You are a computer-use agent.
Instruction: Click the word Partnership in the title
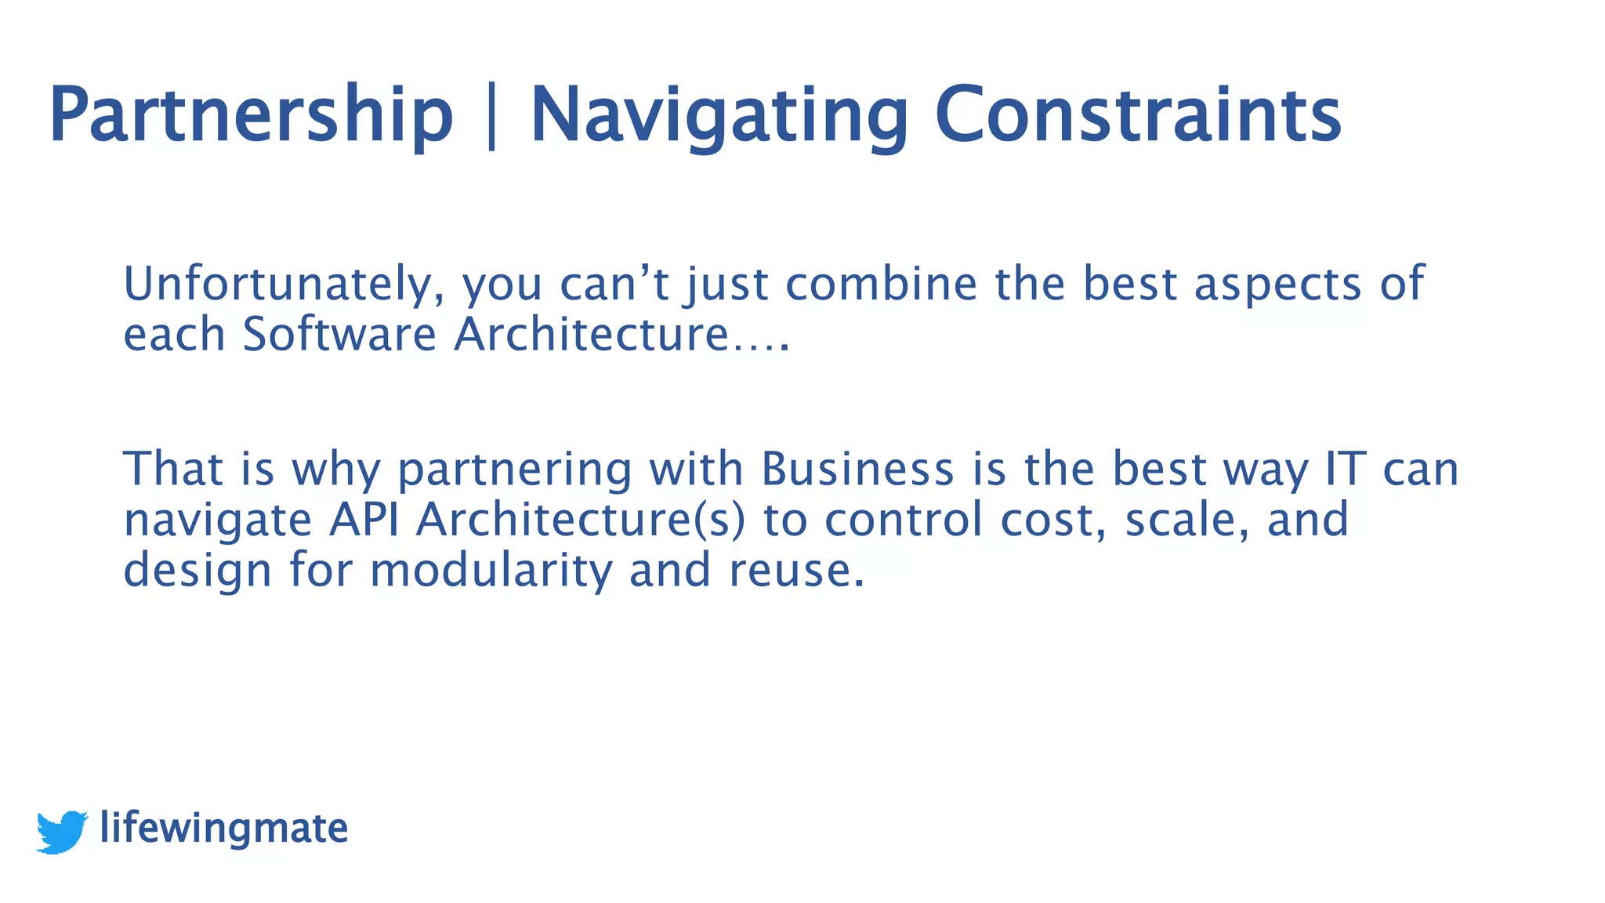tap(251, 115)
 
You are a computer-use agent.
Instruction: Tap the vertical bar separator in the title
tap(491, 115)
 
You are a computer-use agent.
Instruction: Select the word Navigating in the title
tap(719, 115)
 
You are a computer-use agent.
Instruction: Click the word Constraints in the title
tap(1138, 115)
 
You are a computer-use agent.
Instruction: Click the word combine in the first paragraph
tap(881, 284)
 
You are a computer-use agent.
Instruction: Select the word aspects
tap(1277, 285)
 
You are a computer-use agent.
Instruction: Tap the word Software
tap(339, 334)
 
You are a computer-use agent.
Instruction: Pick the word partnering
tap(514, 470)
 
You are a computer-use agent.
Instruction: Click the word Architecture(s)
tap(580, 520)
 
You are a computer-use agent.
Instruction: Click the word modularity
tap(491, 570)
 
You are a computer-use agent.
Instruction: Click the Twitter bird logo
tap(62, 831)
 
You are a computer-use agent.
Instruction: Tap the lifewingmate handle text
tap(224, 828)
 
